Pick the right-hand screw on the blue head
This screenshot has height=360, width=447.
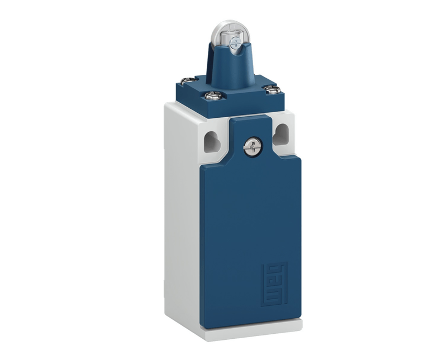click(272, 90)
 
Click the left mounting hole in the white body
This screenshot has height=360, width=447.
click(212, 142)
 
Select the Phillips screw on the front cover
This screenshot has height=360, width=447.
click(253, 146)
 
